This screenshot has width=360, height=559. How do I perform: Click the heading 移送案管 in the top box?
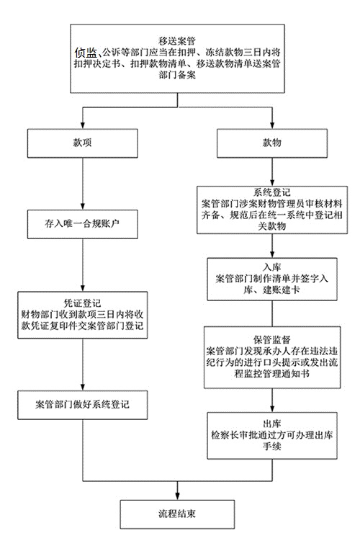click(177, 41)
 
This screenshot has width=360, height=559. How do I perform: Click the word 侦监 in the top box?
click(86, 53)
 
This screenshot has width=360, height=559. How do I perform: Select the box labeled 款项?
click(83, 143)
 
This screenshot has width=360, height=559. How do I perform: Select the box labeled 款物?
click(272, 143)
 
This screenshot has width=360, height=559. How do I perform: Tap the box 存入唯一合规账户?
click(83, 224)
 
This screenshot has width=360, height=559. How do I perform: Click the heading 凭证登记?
click(83, 303)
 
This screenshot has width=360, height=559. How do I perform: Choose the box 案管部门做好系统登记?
click(83, 405)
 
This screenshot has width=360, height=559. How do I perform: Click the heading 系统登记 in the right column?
click(272, 192)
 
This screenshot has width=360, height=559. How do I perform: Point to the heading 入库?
click(272, 267)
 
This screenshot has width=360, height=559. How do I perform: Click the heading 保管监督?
click(272, 339)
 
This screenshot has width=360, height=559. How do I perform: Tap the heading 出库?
click(272, 424)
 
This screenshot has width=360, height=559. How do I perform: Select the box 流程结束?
click(177, 514)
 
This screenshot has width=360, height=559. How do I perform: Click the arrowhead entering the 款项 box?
click(83, 125)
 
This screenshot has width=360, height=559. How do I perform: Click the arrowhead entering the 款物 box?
click(272, 125)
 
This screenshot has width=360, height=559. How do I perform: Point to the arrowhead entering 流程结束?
click(177, 496)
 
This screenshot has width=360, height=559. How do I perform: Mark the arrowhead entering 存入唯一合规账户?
click(83, 207)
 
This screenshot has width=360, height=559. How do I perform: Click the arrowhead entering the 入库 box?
click(272, 254)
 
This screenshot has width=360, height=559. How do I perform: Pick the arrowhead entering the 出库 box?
click(272, 409)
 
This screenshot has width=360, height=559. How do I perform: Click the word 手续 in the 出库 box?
click(272, 447)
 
